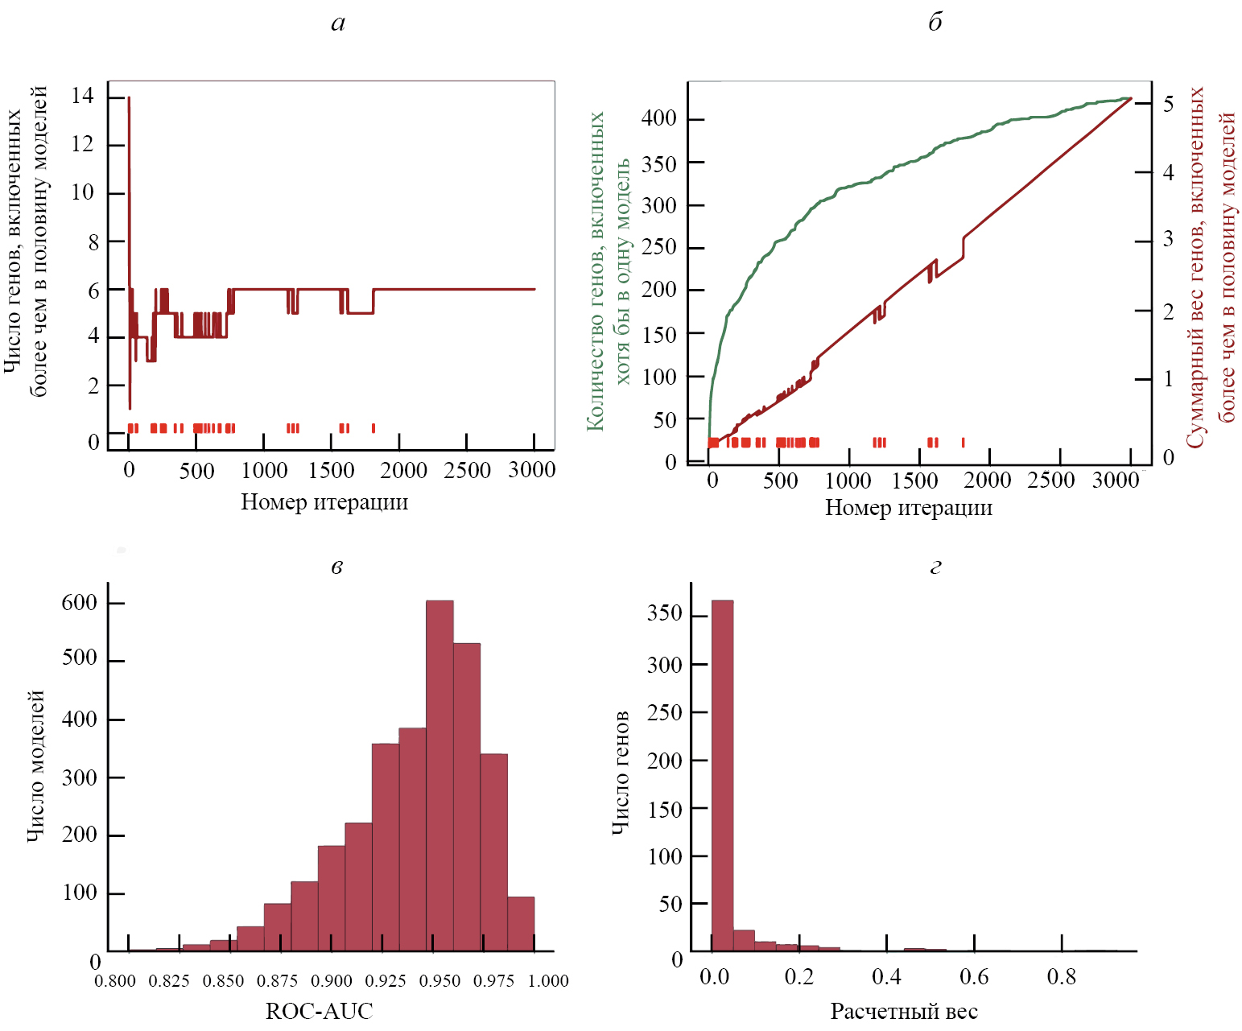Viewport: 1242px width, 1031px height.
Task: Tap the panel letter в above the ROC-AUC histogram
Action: coord(337,567)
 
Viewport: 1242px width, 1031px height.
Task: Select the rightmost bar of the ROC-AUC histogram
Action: coord(521,924)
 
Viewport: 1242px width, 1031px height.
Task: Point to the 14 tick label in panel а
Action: coord(82,97)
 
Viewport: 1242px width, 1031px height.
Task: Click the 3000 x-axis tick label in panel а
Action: coord(531,470)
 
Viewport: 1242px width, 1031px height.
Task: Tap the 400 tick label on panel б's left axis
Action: coord(658,118)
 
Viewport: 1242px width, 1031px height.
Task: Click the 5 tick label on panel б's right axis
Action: coord(1168,104)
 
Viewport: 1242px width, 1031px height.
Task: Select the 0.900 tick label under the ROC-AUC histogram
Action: coord(332,981)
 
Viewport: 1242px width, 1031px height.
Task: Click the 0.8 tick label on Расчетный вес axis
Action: coord(1061,977)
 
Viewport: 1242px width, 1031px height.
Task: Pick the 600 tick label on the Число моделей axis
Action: coord(79,603)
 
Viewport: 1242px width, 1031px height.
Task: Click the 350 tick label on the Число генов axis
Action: coord(665,614)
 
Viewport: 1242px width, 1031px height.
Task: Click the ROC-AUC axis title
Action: coord(320,1011)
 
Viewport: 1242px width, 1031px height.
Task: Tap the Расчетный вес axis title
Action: coord(904,1012)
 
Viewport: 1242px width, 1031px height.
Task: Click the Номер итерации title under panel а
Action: coord(324,502)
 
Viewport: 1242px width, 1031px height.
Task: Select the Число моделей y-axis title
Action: coord(35,765)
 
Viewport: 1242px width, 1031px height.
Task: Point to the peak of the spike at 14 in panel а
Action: coord(129,98)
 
